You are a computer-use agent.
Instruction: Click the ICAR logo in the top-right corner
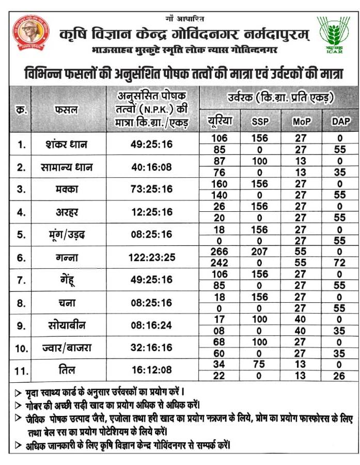[334, 34]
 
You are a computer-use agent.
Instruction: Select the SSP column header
[260, 122]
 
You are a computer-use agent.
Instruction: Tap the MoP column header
[301, 122]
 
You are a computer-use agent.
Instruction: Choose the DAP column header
[340, 122]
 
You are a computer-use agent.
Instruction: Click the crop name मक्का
[66, 189]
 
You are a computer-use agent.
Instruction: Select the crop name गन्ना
[66, 257]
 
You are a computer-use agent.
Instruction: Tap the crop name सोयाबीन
[66, 326]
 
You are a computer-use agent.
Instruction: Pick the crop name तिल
[66, 370]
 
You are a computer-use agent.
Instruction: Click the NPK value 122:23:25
[151, 257]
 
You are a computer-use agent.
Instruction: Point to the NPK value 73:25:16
[151, 189]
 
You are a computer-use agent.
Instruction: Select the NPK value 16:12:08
[151, 370]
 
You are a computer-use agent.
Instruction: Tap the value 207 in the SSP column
[259, 252]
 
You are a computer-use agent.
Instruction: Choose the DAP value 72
[339, 263]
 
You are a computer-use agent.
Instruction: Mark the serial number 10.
[21, 349]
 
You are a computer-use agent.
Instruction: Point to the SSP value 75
[259, 365]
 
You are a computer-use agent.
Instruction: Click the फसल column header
[66, 110]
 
